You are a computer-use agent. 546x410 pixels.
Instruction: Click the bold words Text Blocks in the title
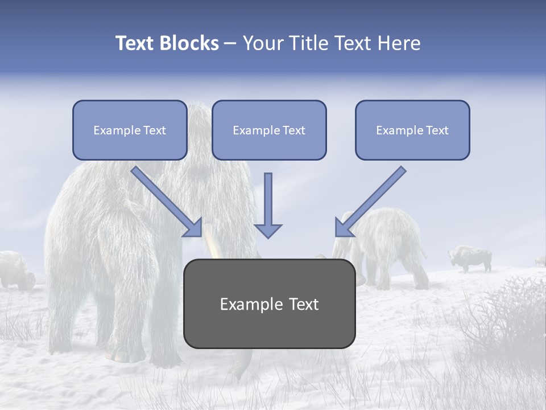pyautogui.click(x=167, y=43)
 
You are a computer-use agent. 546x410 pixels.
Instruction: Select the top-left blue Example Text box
pyautogui.click(x=130, y=130)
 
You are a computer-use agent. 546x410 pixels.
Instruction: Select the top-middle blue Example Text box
pyautogui.click(x=269, y=130)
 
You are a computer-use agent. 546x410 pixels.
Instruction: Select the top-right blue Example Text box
pyautogui.click(x=412, y=130)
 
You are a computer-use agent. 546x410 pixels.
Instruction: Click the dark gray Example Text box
pyautogui.click(x=269, y=304)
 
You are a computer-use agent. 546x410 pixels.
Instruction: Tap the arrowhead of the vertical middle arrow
pyautogui.click(x=268, y=231)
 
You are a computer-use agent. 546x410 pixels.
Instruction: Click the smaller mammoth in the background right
pyautogui.click(x=387, y=245)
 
